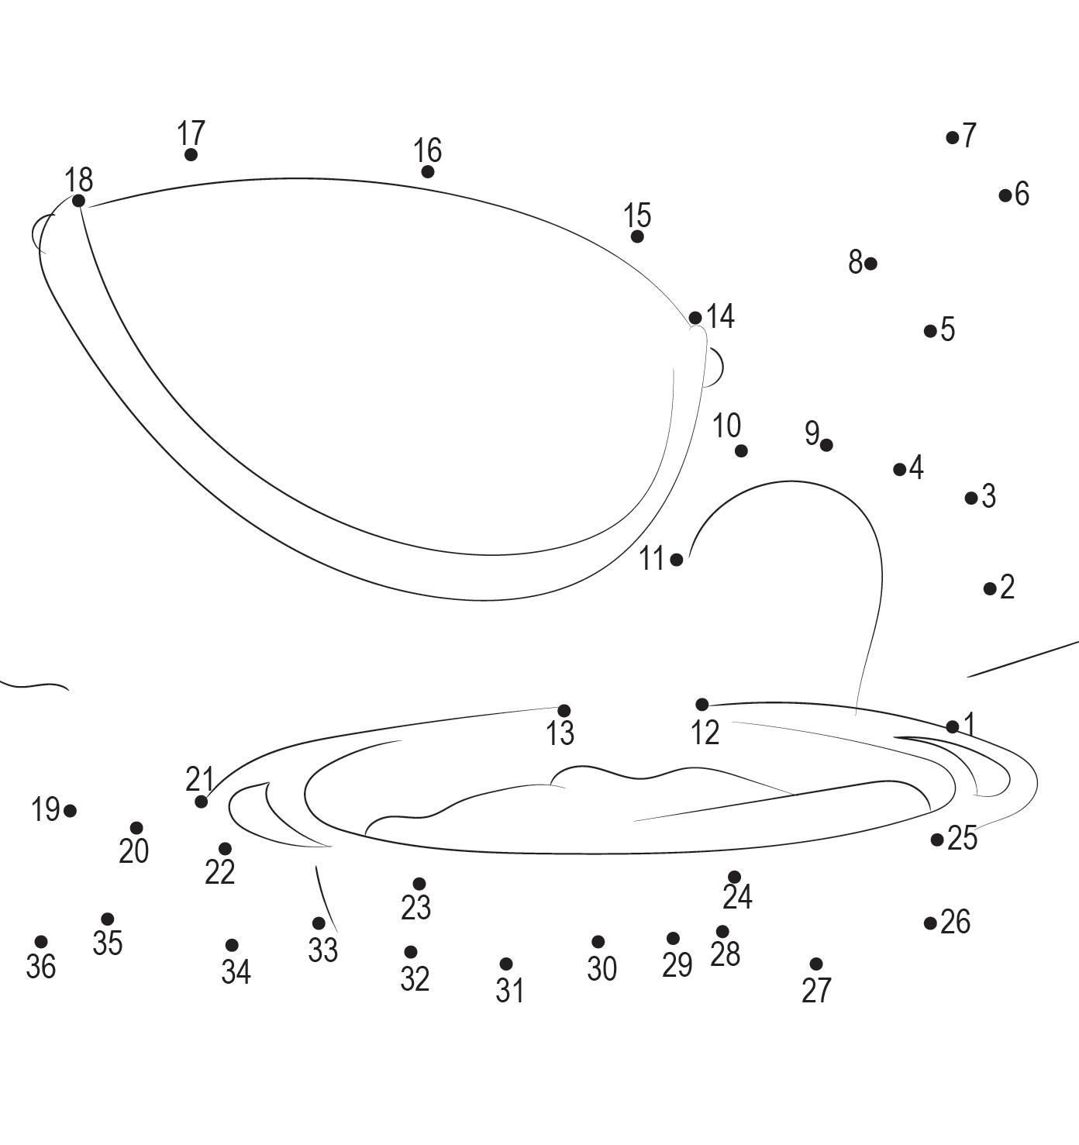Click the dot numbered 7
point(953,138)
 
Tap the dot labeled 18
point(78,201)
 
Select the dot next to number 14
point(695,318)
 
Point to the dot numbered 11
point(677,560)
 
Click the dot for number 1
point(953,726)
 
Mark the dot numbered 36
point(41,942)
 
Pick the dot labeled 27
point(815,964)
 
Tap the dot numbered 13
point(564,711)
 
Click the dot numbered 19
point(70,811)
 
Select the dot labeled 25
point(937,840)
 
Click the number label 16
point(427,150)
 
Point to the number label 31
point(509,990)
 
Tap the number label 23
point(416,907)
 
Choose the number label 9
point(812,433)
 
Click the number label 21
point(199,779)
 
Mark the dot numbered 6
point(1005,195)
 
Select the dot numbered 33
point(319,923)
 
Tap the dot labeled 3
point(971,498)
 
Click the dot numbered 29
point(673,939)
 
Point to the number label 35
point(108,943)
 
